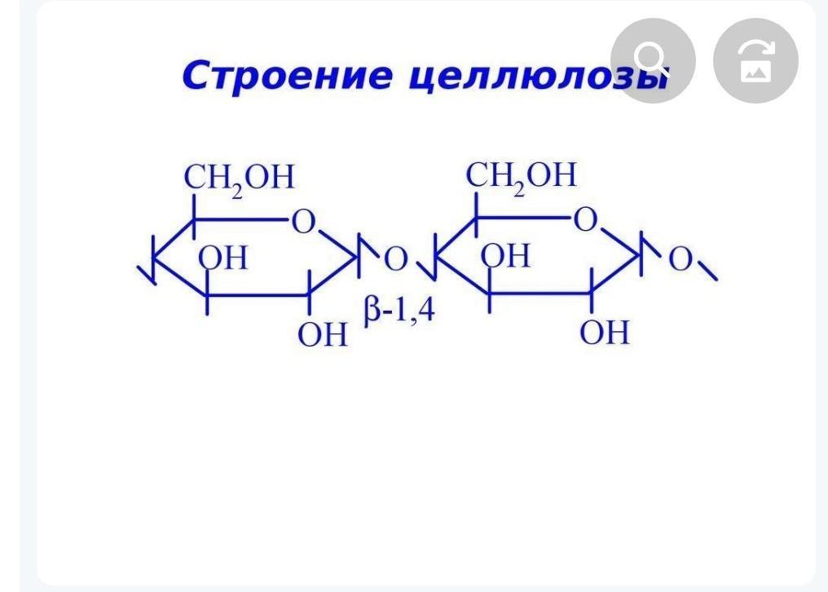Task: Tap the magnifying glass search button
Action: coord(652,60)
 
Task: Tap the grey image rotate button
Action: coord(755,60)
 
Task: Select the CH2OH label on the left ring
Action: coord(239,178)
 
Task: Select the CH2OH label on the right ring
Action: coord(521,176)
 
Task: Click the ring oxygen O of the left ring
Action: coord(303,222)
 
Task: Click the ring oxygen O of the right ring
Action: coord(585,220)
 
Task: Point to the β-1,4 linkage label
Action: coord(399,311)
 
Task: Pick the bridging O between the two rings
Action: coord(395,259)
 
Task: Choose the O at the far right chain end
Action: coord(680,259)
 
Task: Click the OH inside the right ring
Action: coord(505,257)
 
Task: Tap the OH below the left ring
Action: coord(322,334)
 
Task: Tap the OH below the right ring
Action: coord(605,333)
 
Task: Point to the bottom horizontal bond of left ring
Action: coord(257,294)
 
